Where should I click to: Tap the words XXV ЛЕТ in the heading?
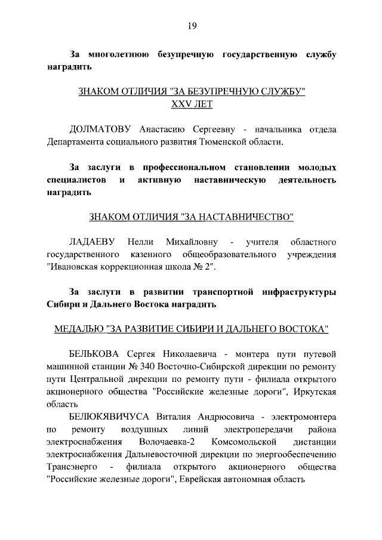[x=192, y=104]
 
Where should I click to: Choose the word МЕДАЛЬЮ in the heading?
[x=78, y=329]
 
